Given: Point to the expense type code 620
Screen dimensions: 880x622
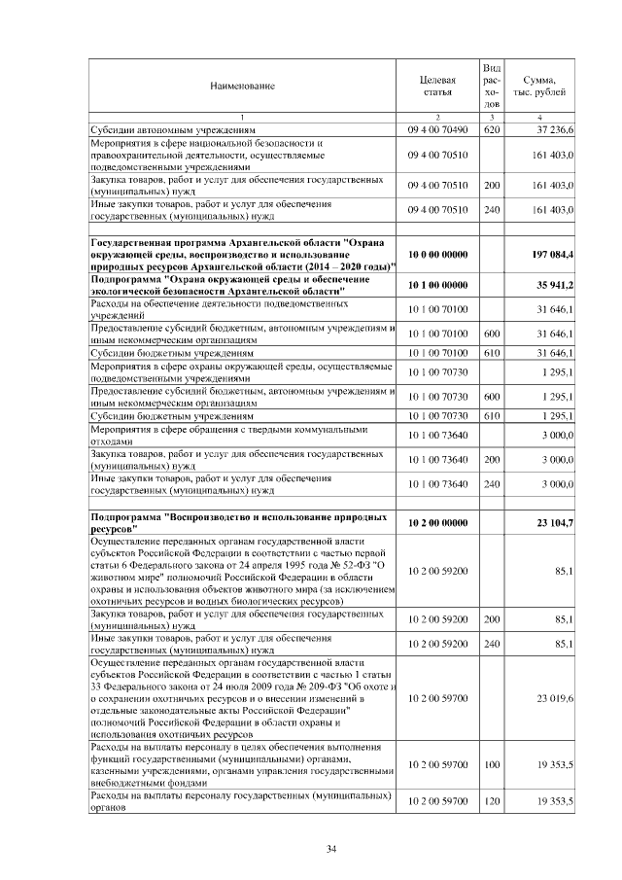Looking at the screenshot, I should pos(492,128).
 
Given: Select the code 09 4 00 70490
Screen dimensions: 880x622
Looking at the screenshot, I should pos(437,128).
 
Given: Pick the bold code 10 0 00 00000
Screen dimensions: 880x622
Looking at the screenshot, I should pos(437,254).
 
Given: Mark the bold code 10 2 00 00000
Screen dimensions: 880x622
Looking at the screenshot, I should pos(437,523).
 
